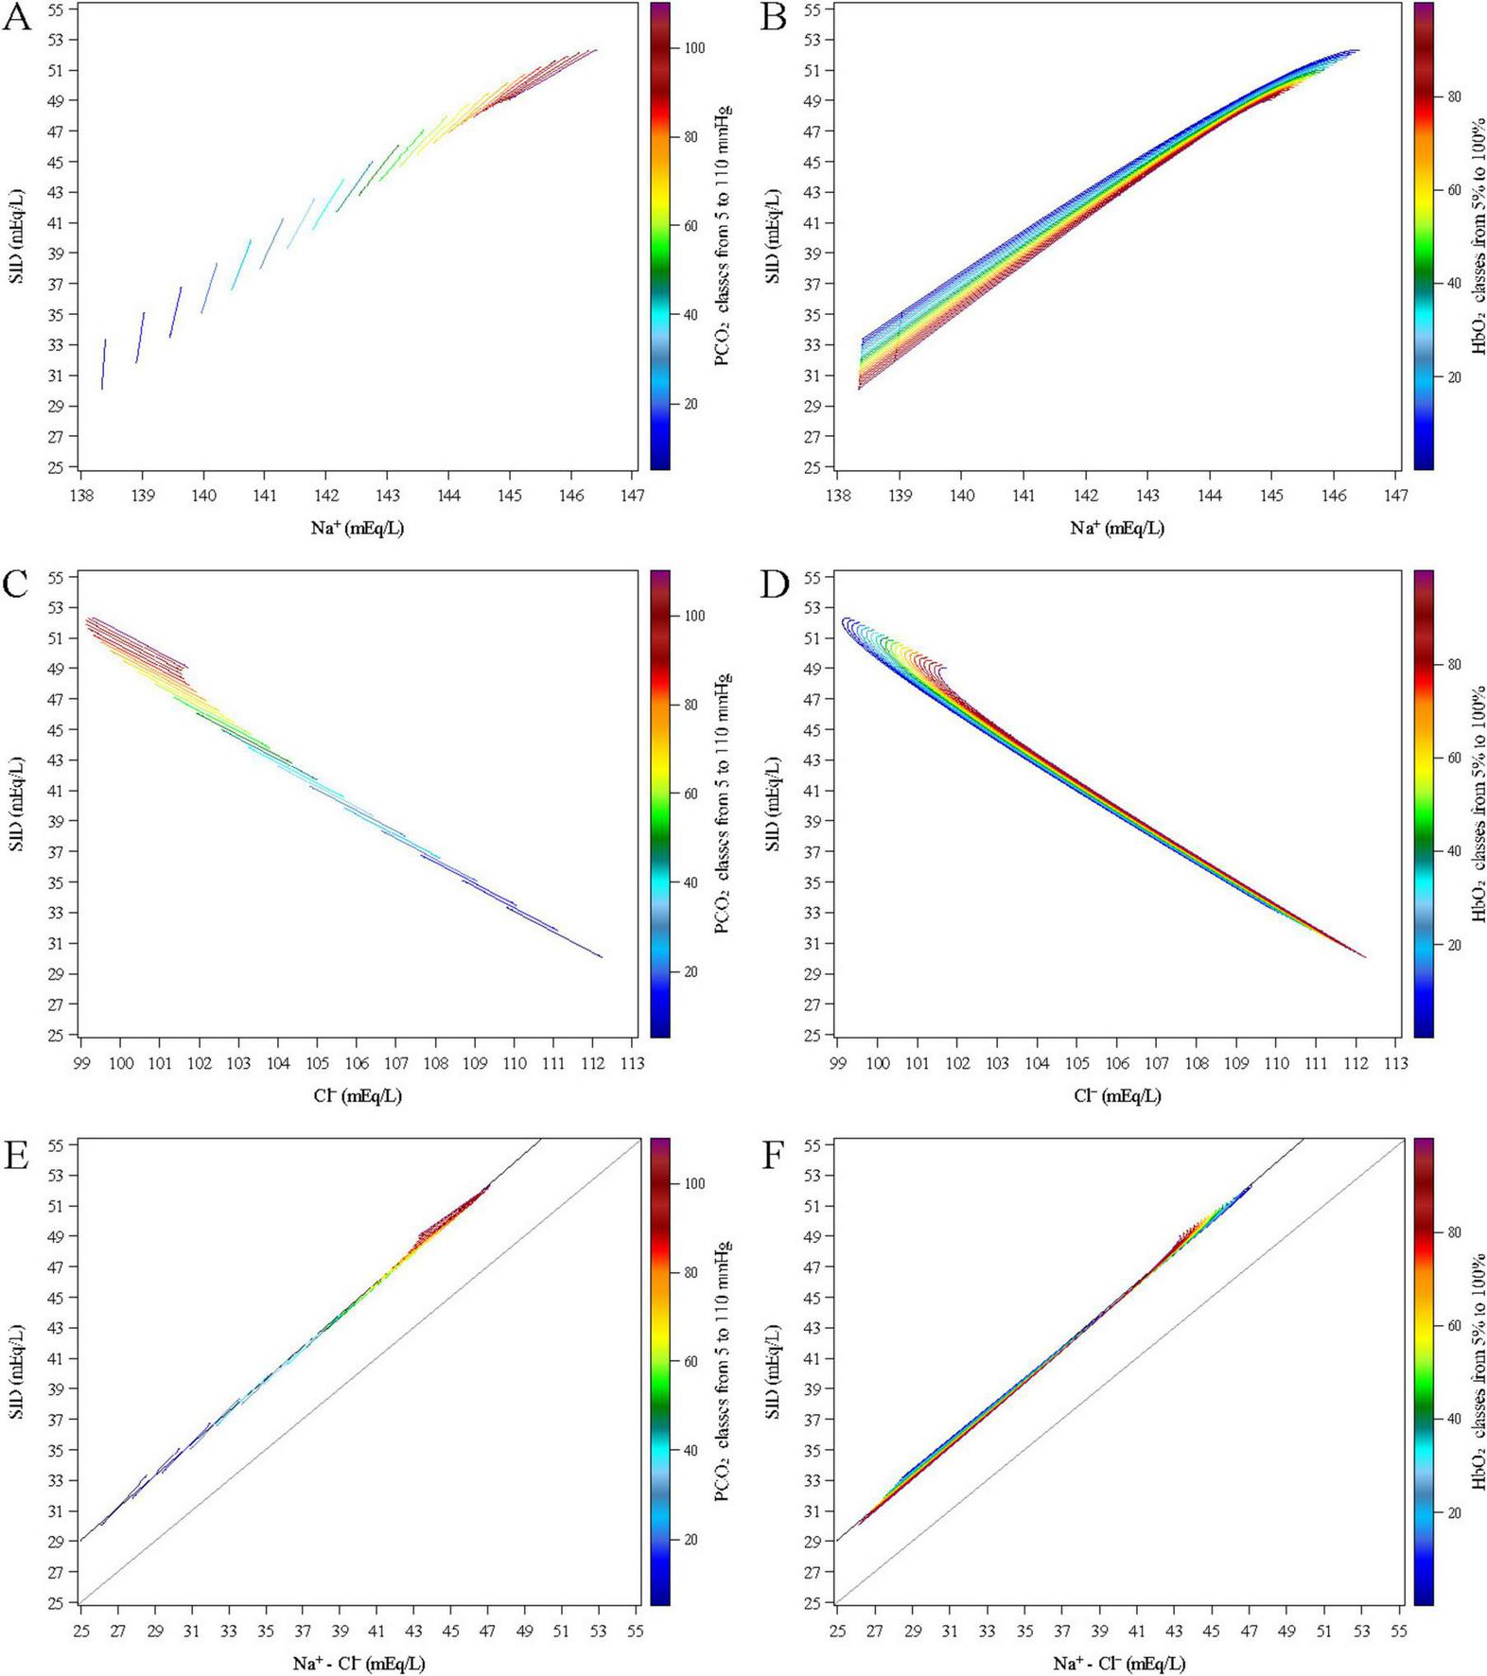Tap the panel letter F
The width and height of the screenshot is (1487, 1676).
click(x=774, y=1155)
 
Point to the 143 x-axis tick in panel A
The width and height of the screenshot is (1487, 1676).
click(x=387, y=496)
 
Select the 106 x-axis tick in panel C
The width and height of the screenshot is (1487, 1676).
click(x=356, y=1063)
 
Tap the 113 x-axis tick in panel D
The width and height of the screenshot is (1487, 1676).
click(x=1394, y=1063)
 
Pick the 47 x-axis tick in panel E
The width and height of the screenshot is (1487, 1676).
click(x=486, y=1631)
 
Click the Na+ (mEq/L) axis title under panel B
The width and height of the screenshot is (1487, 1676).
click(x=1116, y=528)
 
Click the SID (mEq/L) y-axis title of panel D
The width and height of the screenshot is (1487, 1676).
click(x=773, y=804)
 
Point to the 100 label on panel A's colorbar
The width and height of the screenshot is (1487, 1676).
click(x=694, y=48)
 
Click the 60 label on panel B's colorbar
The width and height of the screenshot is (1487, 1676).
click(x=1453, y=190)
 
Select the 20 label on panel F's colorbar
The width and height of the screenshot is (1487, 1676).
click(x=1453, y=1513)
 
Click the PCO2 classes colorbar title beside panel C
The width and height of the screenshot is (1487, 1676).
click(x=723, y=804)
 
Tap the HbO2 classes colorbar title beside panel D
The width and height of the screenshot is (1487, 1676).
click(x=1478, y=804)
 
